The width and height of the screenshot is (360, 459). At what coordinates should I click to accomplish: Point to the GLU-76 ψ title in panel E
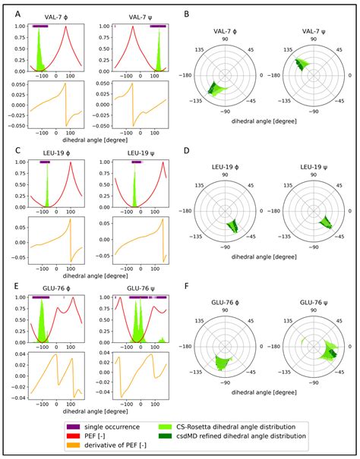[137, 291]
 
